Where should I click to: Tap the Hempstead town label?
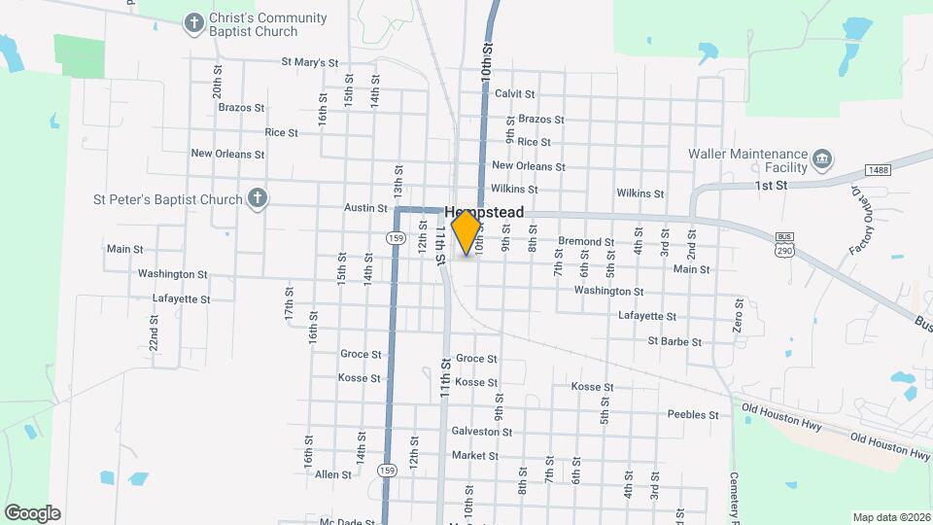click(484, 212)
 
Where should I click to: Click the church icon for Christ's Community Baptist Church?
click(194, 21)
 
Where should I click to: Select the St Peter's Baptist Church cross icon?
click(257, 199)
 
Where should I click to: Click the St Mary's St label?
click(309, 62)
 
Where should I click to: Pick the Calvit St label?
click(514, 94)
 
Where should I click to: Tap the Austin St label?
click(365, 208)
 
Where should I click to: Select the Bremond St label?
click(585, 242)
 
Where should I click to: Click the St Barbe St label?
click(674, 342)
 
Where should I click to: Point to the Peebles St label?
click(692, 415)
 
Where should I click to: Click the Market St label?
click(474, 456)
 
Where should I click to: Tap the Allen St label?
click(332, 474)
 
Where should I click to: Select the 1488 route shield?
click(879, 170)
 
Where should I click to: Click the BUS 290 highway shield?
click(784, 244)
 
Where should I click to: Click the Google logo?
click(32, 512)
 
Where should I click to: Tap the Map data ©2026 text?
click(890, 517)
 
